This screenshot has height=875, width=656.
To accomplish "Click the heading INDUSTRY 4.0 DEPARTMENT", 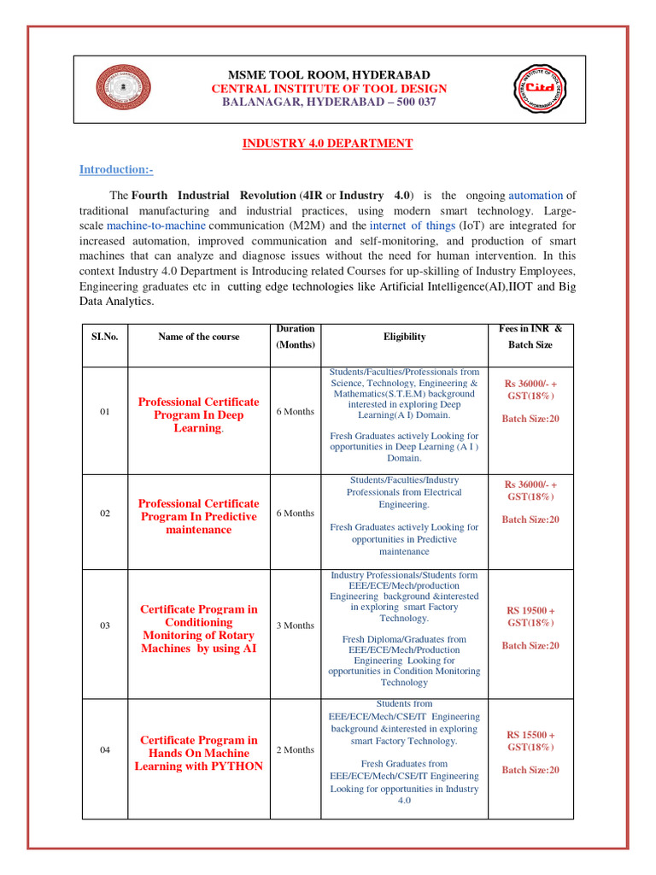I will pos(328,144).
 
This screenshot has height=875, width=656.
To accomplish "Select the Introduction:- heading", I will pos(117,169).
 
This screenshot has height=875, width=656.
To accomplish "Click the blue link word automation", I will pos(536,195).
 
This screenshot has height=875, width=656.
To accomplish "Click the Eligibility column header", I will pos(404,337).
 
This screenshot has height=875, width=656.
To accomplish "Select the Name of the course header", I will pos(199,337).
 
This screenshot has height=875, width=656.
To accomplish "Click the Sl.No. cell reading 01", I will pos(105,412).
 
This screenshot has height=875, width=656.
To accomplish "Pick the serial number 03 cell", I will pos(105,625).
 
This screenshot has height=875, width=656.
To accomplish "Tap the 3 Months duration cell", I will pos(295,625).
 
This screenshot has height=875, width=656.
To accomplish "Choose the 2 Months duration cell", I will pos(295,749).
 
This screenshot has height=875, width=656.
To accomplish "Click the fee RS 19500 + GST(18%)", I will pos(530,617).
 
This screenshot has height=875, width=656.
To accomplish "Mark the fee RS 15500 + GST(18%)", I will pos(530,741).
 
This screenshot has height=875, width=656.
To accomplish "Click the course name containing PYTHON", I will pos(199,753).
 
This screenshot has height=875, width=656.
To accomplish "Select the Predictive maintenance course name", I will pos(199,516).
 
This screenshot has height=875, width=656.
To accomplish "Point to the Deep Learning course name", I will pos(199,414).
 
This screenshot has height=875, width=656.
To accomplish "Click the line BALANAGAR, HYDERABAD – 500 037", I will pos(329,102).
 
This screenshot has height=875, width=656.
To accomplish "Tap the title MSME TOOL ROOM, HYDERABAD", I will pos(329,75).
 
